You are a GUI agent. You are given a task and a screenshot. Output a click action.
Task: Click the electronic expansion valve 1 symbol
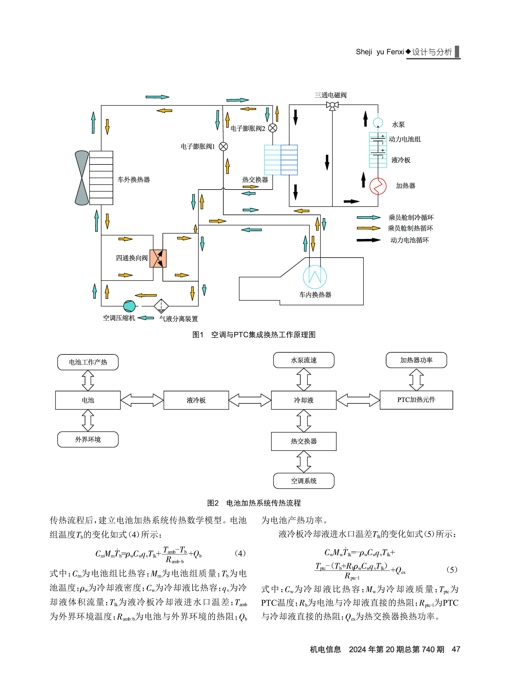[223, 146]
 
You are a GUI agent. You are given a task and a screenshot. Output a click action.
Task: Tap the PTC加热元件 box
[416, 400]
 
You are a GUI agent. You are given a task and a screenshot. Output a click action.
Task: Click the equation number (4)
[240, 553]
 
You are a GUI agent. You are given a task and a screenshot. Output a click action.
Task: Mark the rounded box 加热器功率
[416, 360]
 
